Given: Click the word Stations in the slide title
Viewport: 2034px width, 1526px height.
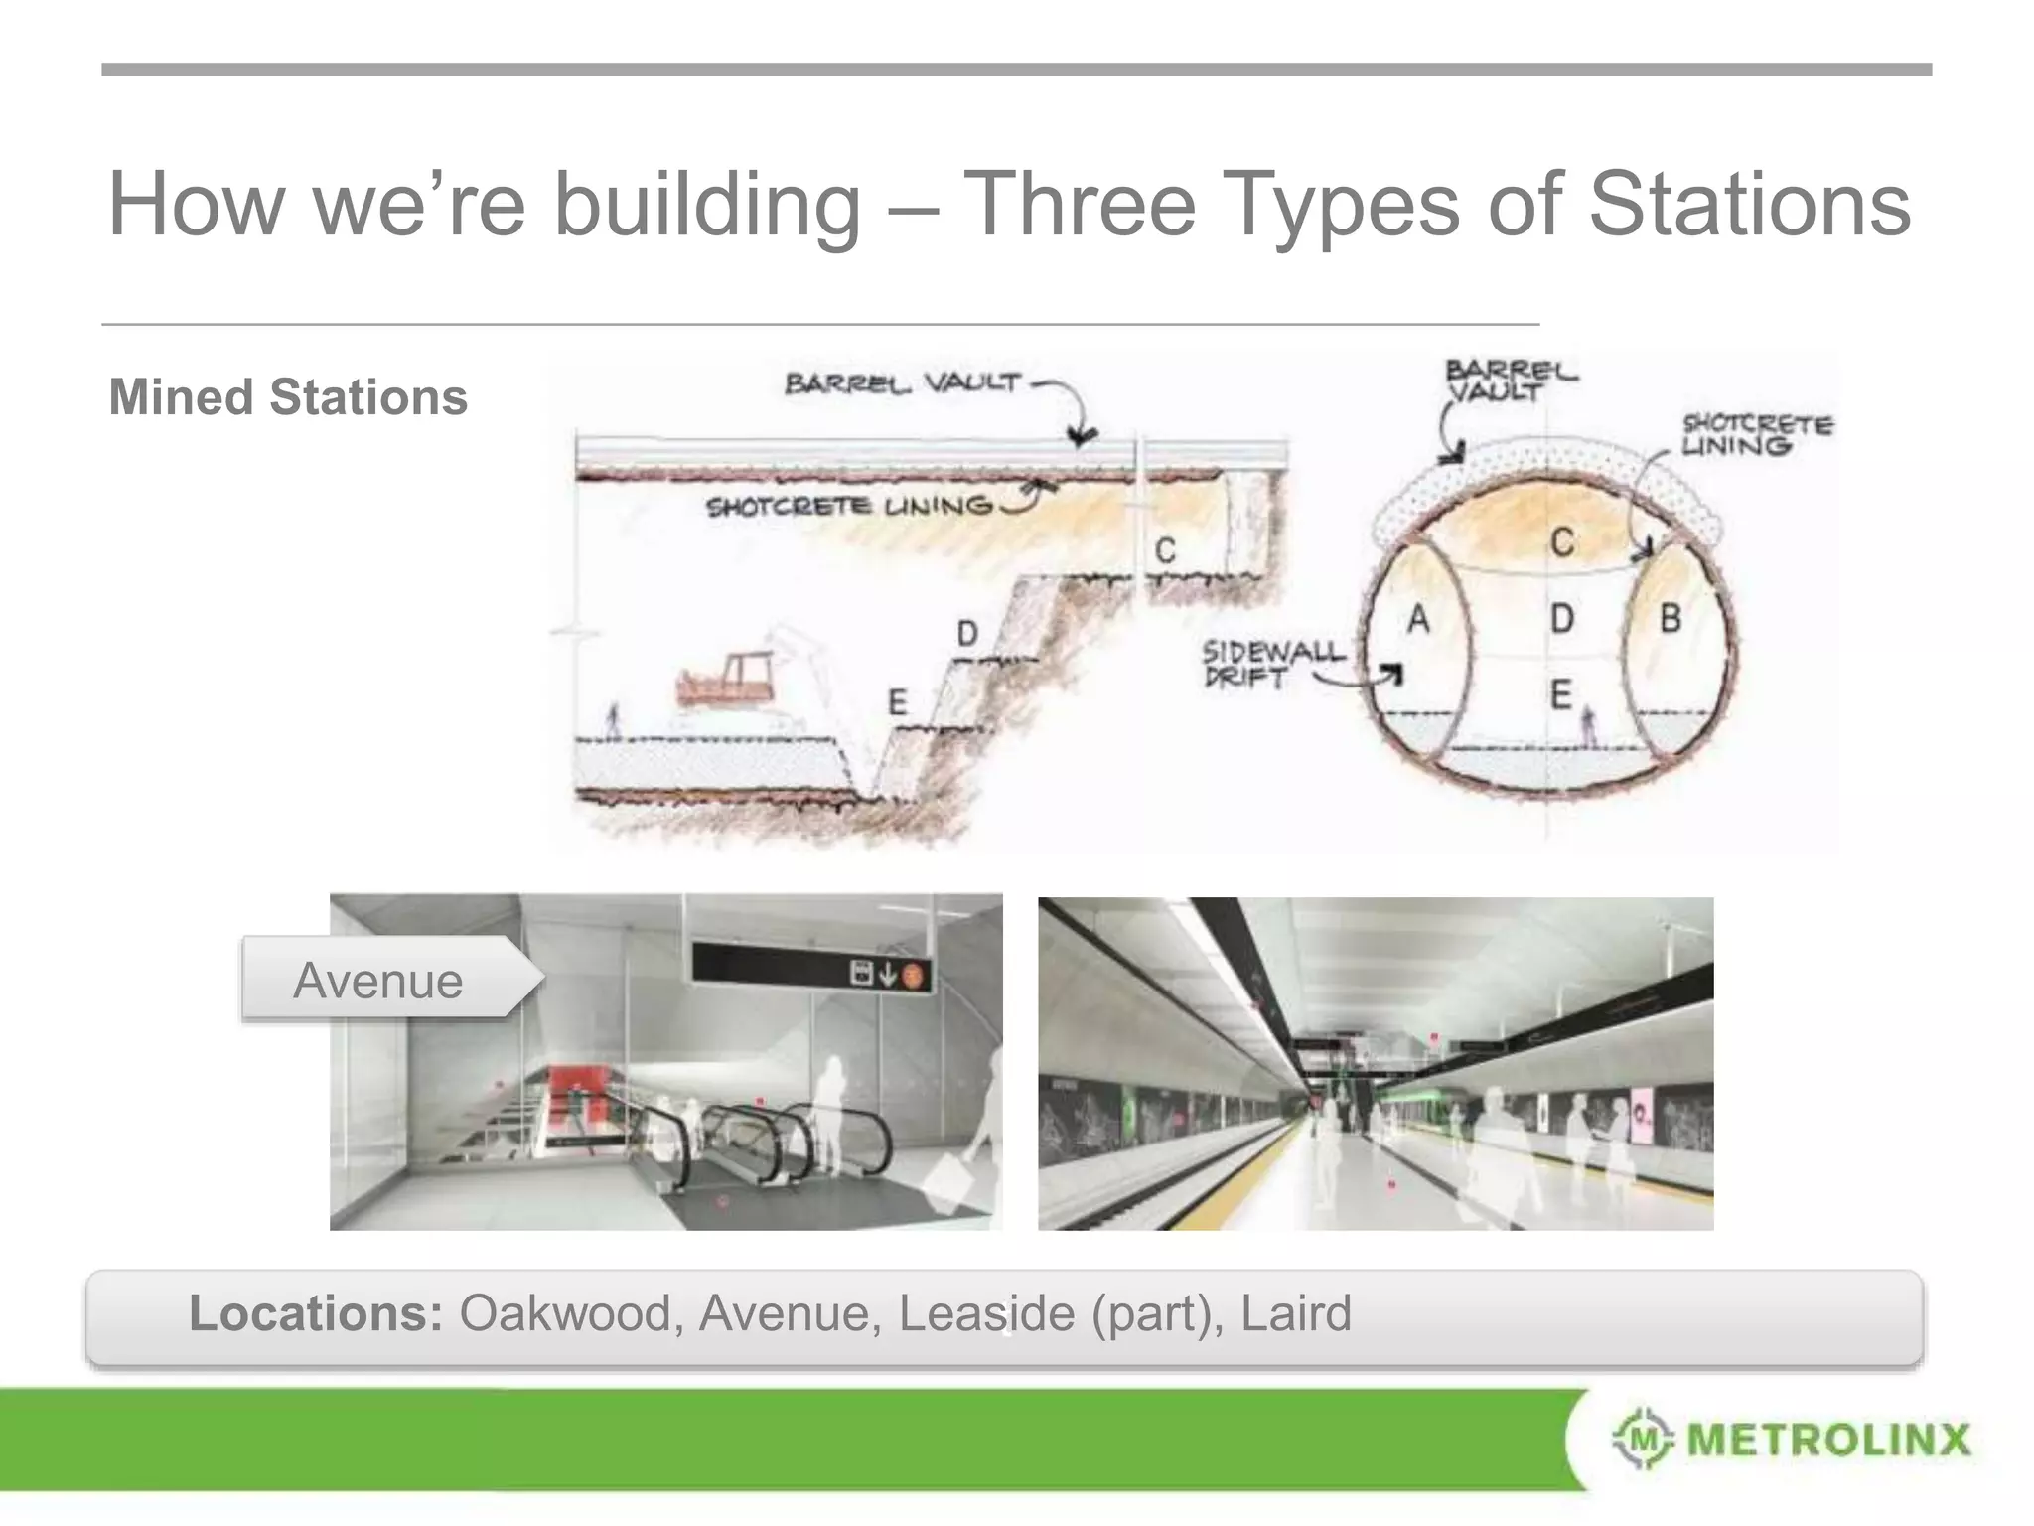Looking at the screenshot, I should pyautogui.click(x=1749, y=204).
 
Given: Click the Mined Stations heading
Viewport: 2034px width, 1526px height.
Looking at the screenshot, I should pyautogui.click(x=288, y=397).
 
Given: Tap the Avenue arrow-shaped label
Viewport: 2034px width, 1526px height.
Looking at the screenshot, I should pyautogui.click(x=387, y=981).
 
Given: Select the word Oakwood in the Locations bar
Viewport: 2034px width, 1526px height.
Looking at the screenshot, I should pyautogui.click(x=564, y=1313).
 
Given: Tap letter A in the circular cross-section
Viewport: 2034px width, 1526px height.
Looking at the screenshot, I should pyautogui.click(x=1418, y=620).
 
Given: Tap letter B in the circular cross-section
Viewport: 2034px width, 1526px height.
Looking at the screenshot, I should pyautogui.click(x=1671, y=619).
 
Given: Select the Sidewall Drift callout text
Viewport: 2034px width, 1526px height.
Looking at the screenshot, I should pyautogui.click(x=1273, y=664).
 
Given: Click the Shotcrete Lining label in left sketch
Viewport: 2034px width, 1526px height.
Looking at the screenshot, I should pyautogui.click(x=849, y=507).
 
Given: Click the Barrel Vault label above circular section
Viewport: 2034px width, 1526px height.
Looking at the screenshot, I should pyautogui.click(x=1510, y=381).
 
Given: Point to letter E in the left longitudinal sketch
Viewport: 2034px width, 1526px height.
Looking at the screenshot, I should pyautogui.click(x=897, y=702).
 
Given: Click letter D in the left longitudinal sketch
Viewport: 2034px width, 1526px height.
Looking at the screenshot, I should pyautogui.click(x=966, y=633).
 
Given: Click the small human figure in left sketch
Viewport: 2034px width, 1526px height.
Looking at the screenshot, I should pyautogui.click(x=614, y=719).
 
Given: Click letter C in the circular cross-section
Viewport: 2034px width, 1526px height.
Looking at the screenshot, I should pyautogui.click(x=1562, y=542).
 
